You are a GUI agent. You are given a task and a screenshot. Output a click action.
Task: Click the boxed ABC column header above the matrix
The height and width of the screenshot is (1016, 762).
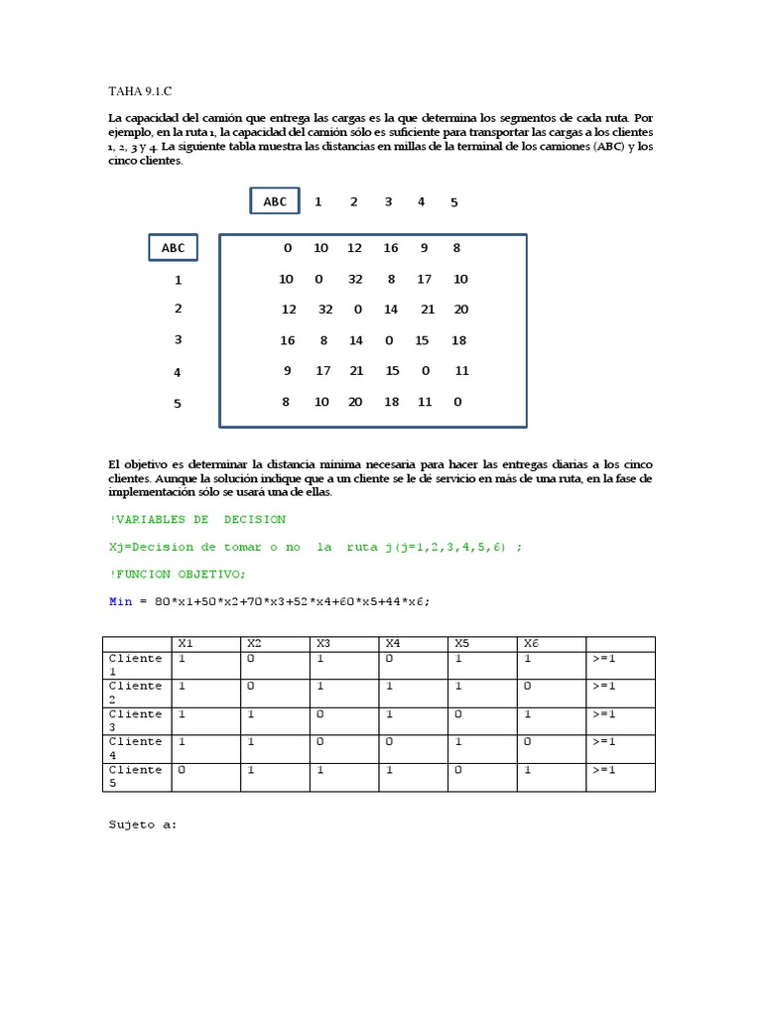point(275,201)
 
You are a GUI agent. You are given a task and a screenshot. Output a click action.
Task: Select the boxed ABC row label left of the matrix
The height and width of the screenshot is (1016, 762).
point(174,248)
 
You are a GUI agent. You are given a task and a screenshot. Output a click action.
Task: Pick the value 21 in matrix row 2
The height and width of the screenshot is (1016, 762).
point(428,309)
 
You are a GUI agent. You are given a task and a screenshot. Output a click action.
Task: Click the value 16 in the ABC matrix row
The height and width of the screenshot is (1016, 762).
point(390,248)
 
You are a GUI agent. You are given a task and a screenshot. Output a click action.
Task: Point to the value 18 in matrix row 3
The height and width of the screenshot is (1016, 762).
point(458,339)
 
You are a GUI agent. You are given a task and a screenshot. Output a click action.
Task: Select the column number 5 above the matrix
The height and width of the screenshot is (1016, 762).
point(454,202)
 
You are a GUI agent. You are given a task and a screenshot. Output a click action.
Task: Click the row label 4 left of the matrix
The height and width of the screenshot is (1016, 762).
point(178,372)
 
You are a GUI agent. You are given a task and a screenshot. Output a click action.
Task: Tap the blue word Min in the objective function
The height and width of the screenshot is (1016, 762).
point(120,601)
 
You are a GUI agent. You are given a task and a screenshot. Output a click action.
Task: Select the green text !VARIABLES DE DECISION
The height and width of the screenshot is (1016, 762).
point(196,519)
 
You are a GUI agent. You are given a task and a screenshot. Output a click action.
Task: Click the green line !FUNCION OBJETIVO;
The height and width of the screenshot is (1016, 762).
point(177,573)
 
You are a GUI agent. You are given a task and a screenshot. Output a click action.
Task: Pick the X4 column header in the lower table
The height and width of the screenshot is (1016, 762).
point(393,643)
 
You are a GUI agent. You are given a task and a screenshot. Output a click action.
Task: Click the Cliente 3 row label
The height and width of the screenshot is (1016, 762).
point(136,720)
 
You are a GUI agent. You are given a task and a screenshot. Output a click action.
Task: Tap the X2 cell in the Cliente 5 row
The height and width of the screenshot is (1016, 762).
point(251,770)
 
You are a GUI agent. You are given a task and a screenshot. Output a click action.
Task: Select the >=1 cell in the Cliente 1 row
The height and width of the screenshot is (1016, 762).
point(604,658)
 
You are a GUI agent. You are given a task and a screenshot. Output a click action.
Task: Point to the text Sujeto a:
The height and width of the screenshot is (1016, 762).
point(142,824)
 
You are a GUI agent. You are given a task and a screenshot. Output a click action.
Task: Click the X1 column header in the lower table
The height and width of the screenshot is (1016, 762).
point(185,643)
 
